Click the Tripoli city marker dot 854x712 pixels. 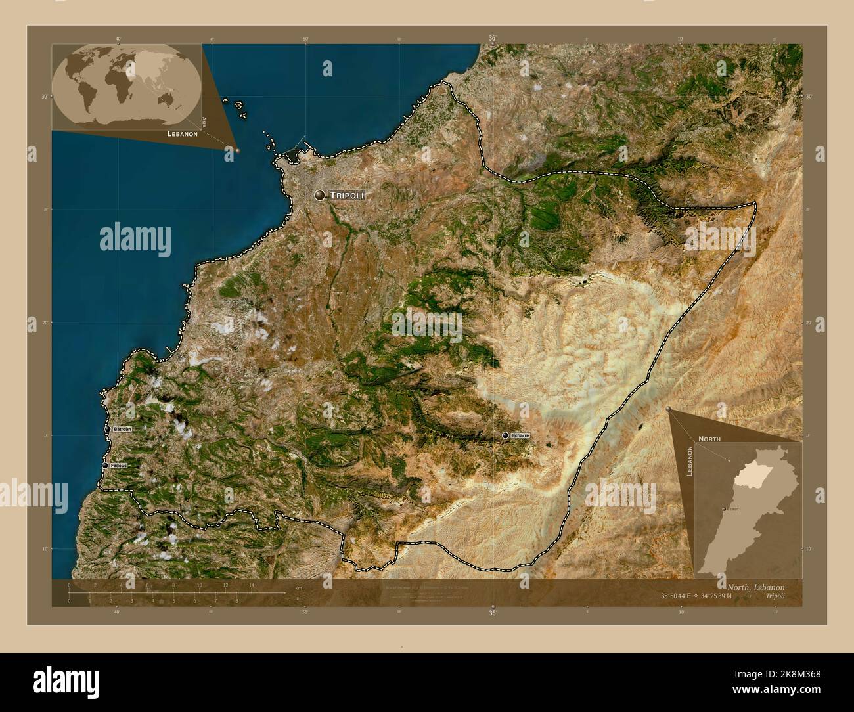(x=320, y=195)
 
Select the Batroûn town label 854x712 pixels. (x=122, y=429)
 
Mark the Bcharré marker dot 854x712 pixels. (x=505, y=435)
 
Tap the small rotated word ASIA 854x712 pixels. (x=204, y=121)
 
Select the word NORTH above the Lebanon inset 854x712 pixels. (x=709, y=438)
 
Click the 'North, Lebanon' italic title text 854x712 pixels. (x=755, y=587)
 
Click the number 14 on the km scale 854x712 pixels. (x=252, y=585)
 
